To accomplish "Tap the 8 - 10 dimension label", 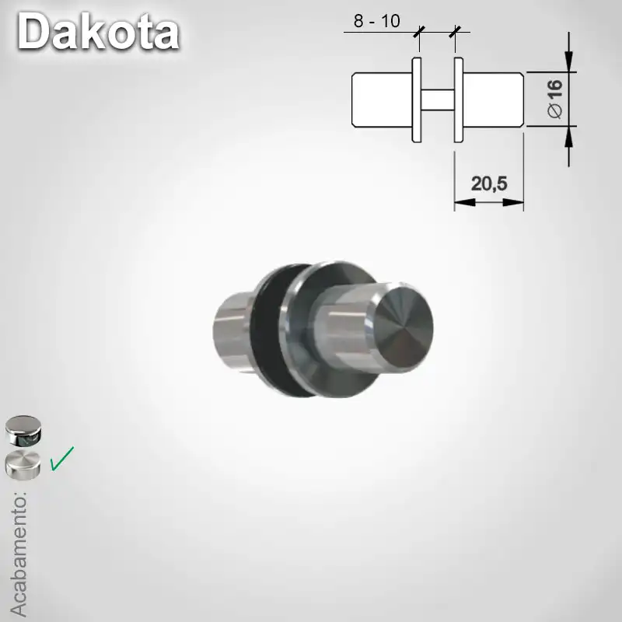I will (x=376, y=21).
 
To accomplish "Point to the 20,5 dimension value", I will (x=488, y=183).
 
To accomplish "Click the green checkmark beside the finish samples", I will (x=61, y=458).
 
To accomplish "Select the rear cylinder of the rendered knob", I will (x=232, y=330).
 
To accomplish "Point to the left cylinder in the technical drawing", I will (x=381, y=100).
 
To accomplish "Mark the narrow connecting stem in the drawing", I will (x=437, y=100).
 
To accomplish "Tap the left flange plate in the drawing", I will (x=416, y=100).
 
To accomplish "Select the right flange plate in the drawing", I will (x=459, y=100).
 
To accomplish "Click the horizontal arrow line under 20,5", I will (x=488, y=202).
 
